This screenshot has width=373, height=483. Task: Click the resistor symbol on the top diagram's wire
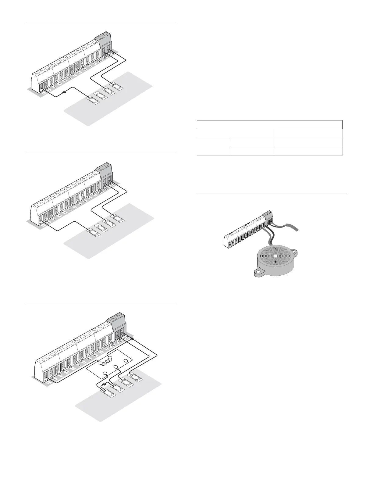(x=64, y=92)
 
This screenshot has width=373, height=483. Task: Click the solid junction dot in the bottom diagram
(x=132, y=339)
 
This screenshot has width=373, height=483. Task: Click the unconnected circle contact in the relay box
(x=126, y=361)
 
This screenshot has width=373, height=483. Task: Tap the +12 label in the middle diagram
(x=112, y=186)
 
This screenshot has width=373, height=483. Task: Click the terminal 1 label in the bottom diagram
(x=46, y=379)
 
